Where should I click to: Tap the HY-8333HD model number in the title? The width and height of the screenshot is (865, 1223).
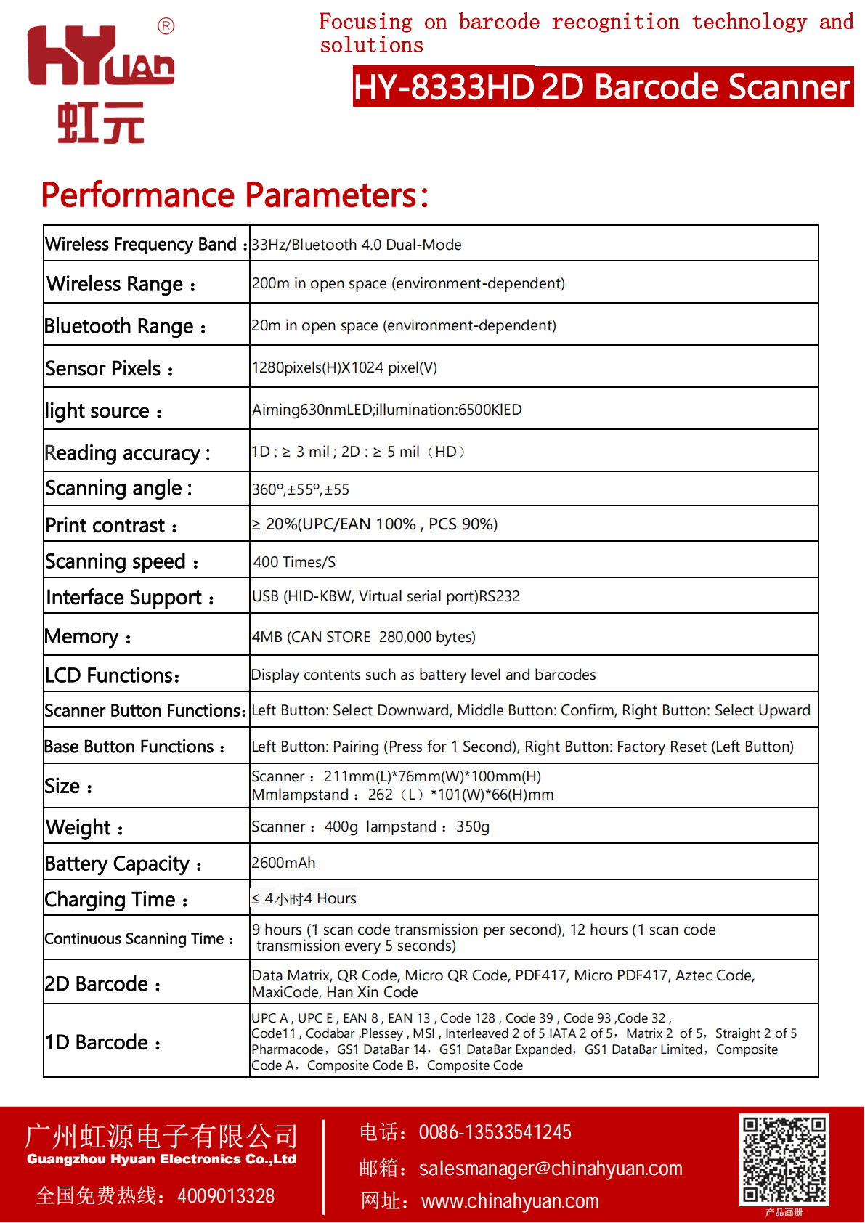point(444,87)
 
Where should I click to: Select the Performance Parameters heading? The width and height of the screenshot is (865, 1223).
point(235,195)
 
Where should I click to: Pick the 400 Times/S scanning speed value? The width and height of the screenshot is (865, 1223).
point(294,562)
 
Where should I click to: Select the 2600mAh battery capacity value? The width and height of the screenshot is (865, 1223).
point(283,863)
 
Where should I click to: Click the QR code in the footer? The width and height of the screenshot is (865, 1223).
point(784,1160)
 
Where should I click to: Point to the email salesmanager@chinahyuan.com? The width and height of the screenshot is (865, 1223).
point(551,1169)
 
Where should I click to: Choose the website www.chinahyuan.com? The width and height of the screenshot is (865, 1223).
point(510,1201)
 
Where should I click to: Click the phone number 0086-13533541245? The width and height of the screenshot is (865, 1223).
point(495,1132)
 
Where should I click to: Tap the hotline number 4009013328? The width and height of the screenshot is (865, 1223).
point(226,1196)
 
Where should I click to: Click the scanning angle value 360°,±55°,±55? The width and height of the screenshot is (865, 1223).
point(301,489)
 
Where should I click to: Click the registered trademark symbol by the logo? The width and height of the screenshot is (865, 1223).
point(166,27)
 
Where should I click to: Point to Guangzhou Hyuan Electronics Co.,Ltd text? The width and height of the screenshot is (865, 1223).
point(161,1159)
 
